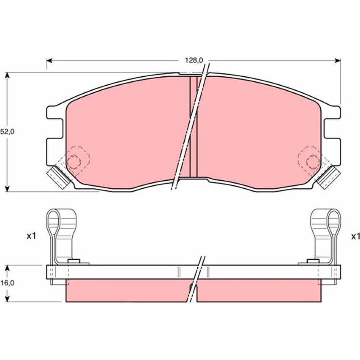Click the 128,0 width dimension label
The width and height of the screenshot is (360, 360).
pos(194,60)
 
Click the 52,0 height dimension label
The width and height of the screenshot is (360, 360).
pos(7,131)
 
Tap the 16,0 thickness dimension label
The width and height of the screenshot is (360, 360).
pos(7,283)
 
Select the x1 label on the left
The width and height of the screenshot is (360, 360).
pos(31,236)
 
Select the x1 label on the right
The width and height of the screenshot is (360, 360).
pos(355,237)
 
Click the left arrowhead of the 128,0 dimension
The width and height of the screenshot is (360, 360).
pos(50,60)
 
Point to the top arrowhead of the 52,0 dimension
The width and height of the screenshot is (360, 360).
pos(8,76)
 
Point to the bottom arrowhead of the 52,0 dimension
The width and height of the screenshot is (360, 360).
pos(8,188)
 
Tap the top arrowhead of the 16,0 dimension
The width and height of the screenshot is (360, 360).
pos(8,269)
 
